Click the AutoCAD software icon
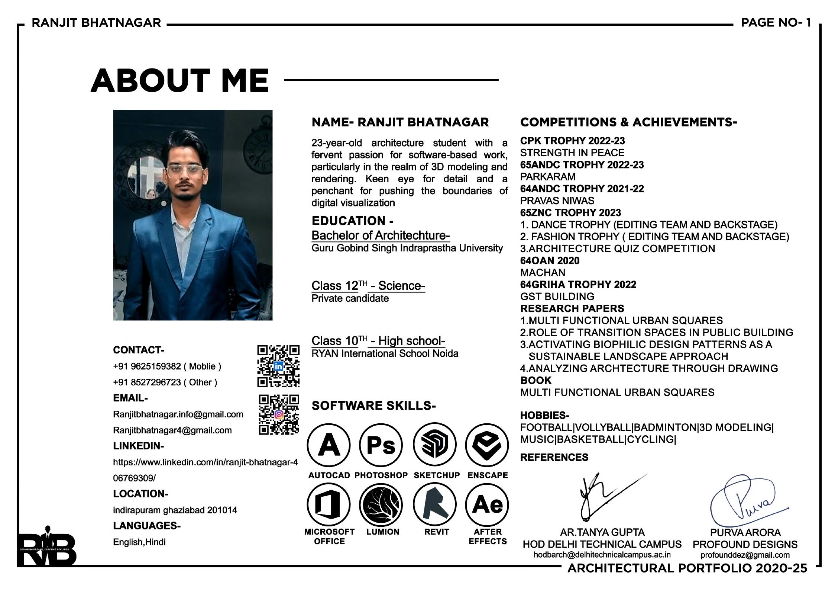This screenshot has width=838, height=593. pyautogui.click(x=329, y=445)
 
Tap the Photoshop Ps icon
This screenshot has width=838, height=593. pyautogui.click(x=381, y=445)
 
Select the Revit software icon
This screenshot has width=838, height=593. pyautogui.click(x=434, y=504)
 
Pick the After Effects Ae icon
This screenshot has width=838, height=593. pyautogui.click(x=487, y=504)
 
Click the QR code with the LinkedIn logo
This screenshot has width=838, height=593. pyautogui.click(x=278, y=366)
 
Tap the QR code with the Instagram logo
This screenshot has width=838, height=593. pyautogui.click(x=279, y=414)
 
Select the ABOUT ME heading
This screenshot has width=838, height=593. pyautogui.click(x=179, y=80)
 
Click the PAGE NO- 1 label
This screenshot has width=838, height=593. pyautogui.click(x=776, y=23)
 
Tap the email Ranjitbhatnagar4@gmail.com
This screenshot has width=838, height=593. pyautogui.click(x=172, y=430)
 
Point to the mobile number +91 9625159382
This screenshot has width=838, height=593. pyautogui.click(x=147, y=366)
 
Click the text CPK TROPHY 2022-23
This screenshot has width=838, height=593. pyautogui.click(x=572, y=141)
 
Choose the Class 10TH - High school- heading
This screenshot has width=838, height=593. pyautogui.click(x=378, y=341)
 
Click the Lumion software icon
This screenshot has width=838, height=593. pyautogui.click(x=381, y=504)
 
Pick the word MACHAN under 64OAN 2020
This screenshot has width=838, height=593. pyautogui.click(x=543, y=273)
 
